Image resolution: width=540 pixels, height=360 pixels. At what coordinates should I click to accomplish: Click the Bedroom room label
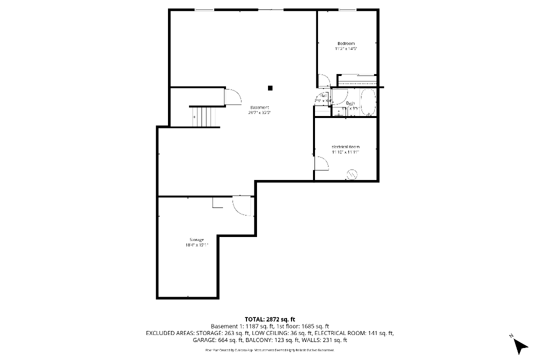[x=346, y=43]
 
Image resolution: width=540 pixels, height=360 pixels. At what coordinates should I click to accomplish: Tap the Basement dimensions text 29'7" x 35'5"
[x=259, y=113]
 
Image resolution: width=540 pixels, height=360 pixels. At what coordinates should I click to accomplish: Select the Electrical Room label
[x=345, y=147]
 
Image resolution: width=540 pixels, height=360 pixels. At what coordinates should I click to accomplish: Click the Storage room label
[x=196, y=240]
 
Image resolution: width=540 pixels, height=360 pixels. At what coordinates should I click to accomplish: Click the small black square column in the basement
[x=270, y=88]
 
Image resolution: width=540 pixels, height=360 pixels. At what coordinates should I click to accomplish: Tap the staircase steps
[x=203, y=116]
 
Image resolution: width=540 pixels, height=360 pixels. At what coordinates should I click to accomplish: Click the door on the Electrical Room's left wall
[x=318, y=162]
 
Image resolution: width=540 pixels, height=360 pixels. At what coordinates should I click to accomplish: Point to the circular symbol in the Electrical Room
[x=351, y=174]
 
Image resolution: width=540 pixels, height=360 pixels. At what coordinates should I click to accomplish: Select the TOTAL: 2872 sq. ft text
[x=269, y=319]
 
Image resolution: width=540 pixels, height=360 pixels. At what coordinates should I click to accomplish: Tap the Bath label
[x=350, y=103]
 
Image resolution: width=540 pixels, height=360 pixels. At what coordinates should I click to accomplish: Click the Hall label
[x=324, y=96]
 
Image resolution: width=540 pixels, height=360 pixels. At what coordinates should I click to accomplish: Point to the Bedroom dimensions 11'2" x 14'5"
[x=346, y=49]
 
